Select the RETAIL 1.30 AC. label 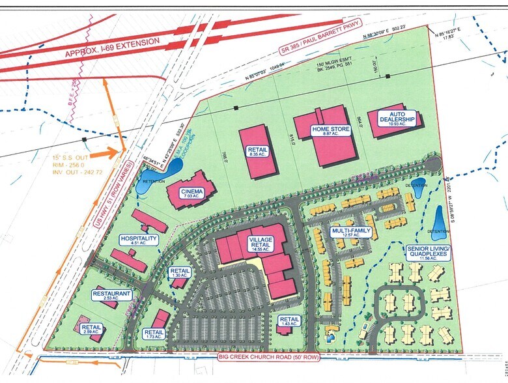click(x=180, y=274)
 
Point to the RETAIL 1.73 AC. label click(x=153, y=334)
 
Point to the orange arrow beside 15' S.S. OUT click(x=107, y=154)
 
